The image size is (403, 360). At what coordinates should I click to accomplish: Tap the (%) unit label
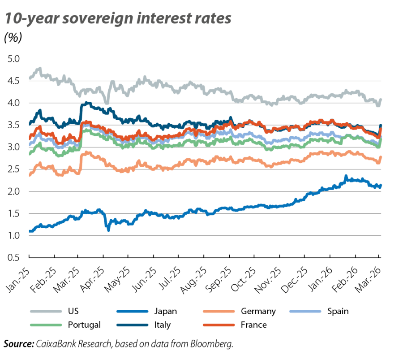tap(13, 39)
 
